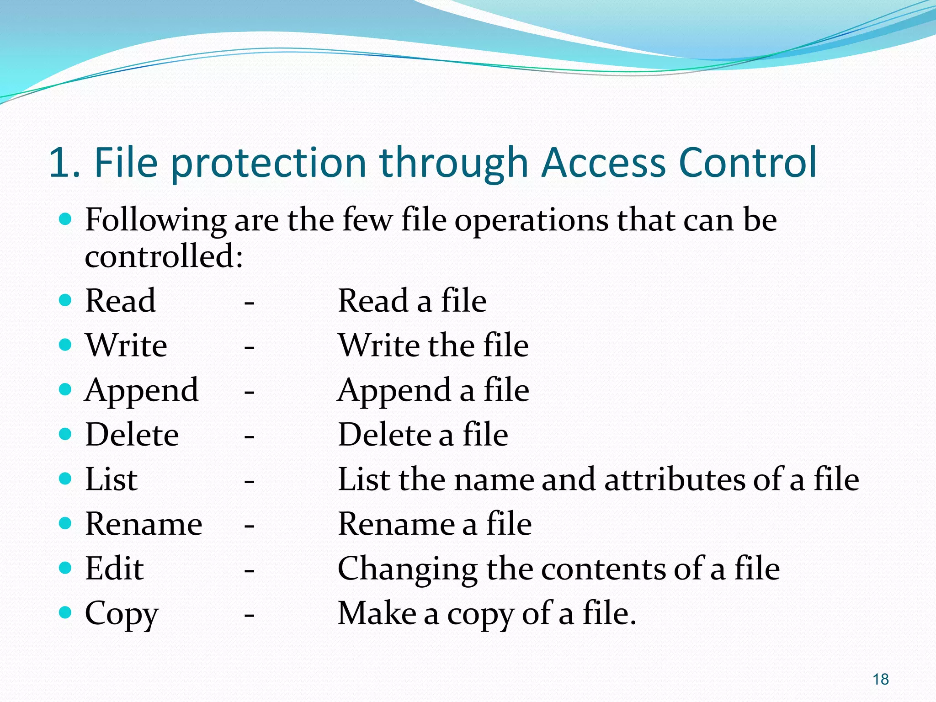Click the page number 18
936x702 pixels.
(880, 679)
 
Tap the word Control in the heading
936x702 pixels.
(748, 162)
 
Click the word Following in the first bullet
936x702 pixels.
(155, 221)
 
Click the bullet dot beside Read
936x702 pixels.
(66, 300)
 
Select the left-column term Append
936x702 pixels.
(142, 391)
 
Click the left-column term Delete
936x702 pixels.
(132, 435)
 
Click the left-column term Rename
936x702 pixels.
(144, 524)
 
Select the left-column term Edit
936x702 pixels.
(115, 569)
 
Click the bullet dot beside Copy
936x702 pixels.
(66, 612)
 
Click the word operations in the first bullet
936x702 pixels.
(531, 221)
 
